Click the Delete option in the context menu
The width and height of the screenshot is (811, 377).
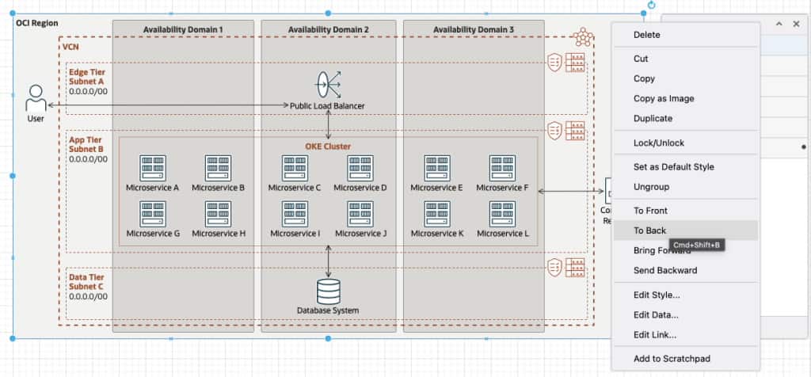646,35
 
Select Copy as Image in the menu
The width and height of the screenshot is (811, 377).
664,98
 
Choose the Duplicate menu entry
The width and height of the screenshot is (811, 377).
653,118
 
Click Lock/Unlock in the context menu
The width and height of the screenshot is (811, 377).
658,143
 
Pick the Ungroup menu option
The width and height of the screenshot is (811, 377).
651,187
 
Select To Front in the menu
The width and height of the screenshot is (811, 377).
650,211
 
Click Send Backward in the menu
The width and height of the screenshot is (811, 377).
664,270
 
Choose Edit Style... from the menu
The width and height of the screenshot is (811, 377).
657,295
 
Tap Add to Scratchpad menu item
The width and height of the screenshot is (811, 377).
672,359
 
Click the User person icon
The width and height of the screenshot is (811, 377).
36,99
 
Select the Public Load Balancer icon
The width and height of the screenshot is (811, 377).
328,84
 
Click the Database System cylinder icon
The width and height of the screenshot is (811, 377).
328,291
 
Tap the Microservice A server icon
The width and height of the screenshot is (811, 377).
153,168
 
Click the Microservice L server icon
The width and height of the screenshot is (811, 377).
502,214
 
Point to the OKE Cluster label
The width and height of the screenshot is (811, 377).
328,147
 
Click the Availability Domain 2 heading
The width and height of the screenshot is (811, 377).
328,29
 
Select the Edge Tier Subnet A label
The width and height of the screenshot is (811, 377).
86,77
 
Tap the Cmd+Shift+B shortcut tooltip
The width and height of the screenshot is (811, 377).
697,246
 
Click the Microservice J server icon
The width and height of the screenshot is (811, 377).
360,214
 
